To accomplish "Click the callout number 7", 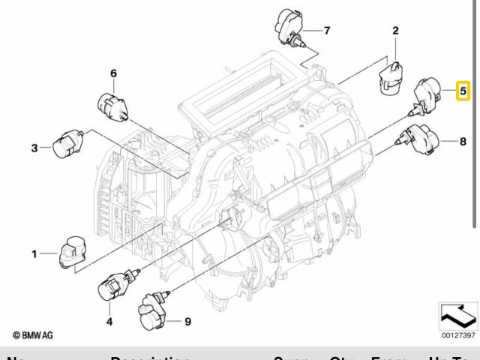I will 326,31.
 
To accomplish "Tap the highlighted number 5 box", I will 463,91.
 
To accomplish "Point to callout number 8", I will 463,140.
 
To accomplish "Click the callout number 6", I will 114,73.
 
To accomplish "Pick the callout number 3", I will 34,148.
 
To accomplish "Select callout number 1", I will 34,254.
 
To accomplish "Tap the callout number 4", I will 109,322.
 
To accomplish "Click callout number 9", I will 187,322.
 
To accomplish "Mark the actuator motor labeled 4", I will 115,288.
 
